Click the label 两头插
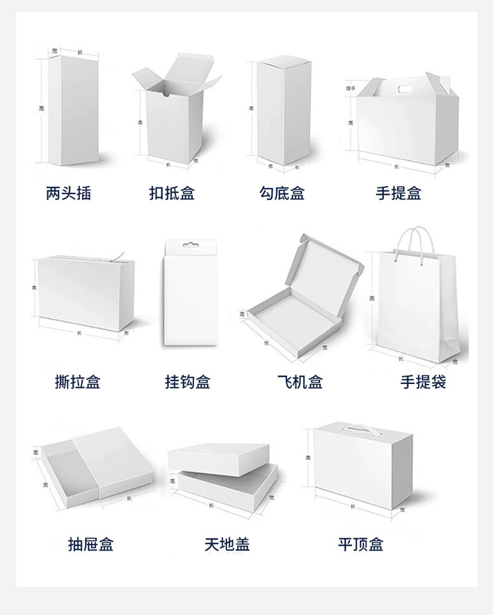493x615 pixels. [69, 194]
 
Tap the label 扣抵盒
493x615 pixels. [172, 194]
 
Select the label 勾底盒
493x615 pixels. [282, 194]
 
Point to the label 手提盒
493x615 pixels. [399, 194]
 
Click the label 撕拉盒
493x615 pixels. [77, 381]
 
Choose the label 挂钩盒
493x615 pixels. [187, 381]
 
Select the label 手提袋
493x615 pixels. [423, 381]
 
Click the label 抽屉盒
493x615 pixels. [90, 544]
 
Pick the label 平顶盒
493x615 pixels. [361, 544]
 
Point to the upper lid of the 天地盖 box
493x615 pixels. [218, 457]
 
